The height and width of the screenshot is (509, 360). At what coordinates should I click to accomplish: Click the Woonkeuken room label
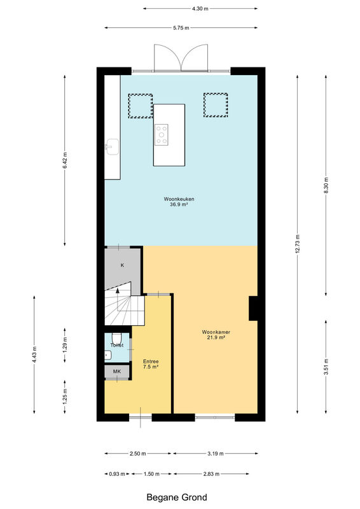pos(179,199)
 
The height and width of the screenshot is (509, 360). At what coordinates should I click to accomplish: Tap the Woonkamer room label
pos(216,332)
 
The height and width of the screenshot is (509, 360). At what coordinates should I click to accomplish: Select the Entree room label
pos(151,361)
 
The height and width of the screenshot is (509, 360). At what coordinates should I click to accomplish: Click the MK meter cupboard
pos(117,371)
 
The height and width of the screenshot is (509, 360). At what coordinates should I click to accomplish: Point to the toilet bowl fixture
pos(116,338)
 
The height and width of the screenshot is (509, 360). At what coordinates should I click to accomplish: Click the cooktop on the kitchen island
pos(162,135)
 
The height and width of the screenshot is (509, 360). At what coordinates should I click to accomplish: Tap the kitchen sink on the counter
pos(112,147)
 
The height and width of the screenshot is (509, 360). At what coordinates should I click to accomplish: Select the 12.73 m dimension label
pos(298,244)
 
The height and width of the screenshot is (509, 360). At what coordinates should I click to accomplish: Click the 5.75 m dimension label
pos(181,28)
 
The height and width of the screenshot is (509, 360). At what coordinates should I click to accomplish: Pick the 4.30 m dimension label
pos(200,9)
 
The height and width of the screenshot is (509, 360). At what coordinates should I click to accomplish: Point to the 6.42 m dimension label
pos(65,160)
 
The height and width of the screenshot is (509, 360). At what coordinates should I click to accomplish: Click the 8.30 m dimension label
pos(326,185)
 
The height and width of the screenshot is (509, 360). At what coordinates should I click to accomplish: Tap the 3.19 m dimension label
pos(216,454)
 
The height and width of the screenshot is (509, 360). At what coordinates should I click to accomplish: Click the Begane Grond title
pos(177,498)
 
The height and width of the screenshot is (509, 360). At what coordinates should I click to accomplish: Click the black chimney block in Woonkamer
pos(253,309)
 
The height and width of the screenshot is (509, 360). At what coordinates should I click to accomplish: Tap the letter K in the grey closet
pos(122,265)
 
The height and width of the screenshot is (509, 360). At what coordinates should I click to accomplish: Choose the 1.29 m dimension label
pos(65,345)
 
